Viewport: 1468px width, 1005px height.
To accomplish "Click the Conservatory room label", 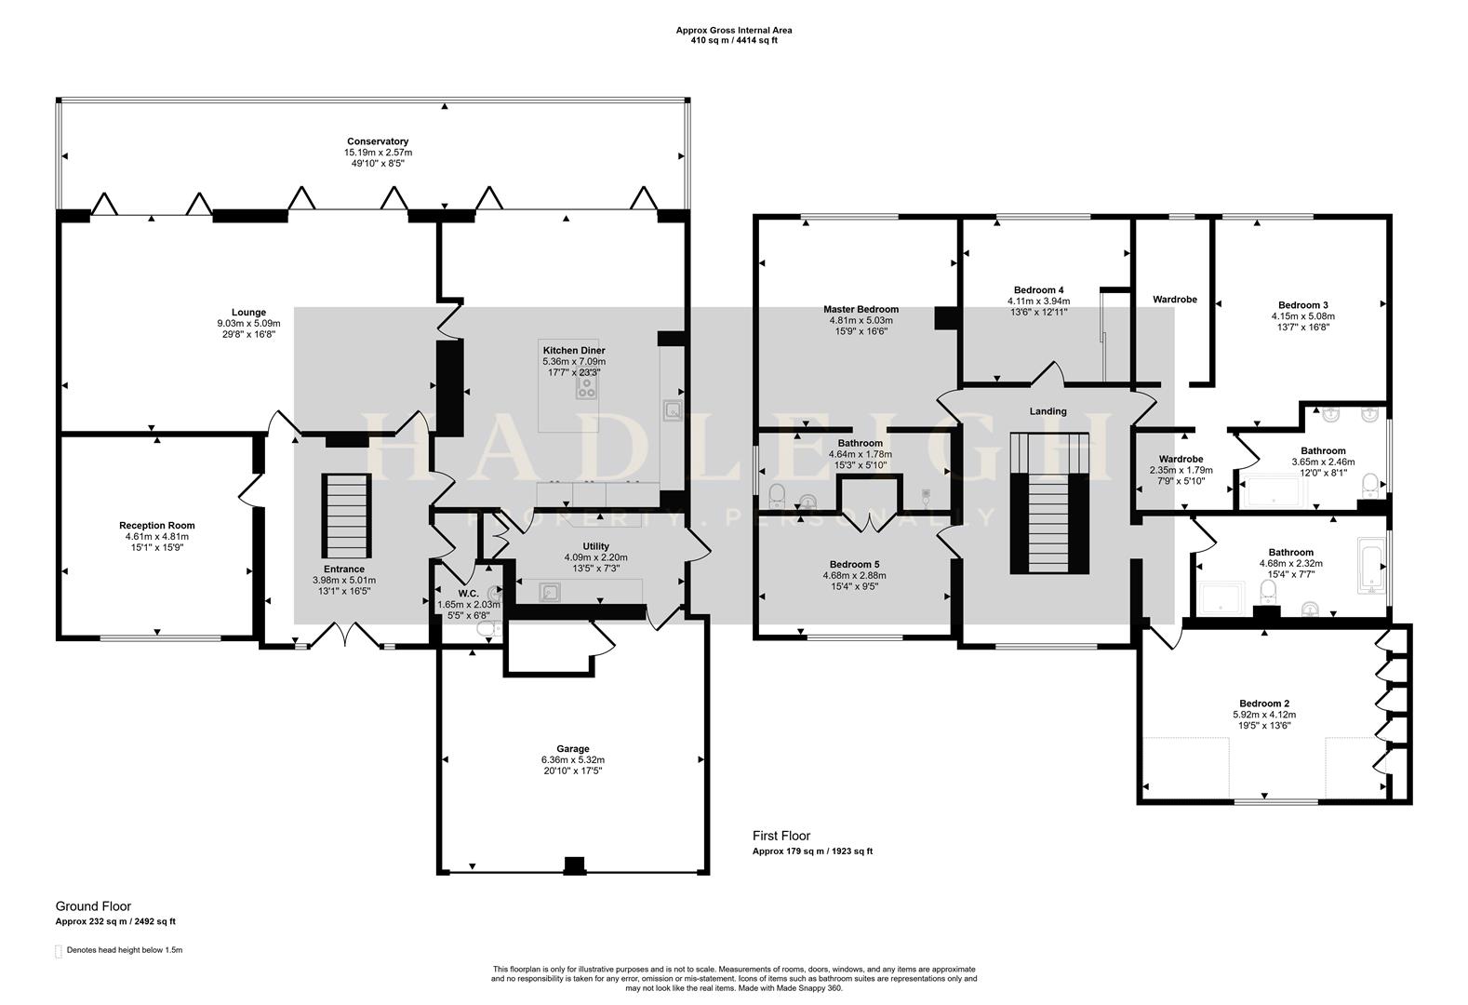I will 378,141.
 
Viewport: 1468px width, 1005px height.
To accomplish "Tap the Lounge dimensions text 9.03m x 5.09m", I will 248,324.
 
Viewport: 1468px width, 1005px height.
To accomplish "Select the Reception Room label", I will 157,526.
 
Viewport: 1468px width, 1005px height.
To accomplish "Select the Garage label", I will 573,749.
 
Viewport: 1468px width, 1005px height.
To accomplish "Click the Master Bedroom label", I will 861,309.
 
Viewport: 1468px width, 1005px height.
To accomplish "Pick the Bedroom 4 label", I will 1038,289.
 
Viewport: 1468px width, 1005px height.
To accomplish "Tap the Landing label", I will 1048,411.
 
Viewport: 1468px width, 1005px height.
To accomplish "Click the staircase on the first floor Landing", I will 1049,503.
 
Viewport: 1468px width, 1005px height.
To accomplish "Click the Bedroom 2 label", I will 1263,703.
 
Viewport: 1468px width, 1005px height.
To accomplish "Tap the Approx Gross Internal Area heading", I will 733,30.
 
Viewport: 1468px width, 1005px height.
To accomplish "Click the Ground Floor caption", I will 93,906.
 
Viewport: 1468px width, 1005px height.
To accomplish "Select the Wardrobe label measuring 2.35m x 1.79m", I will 1181,459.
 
